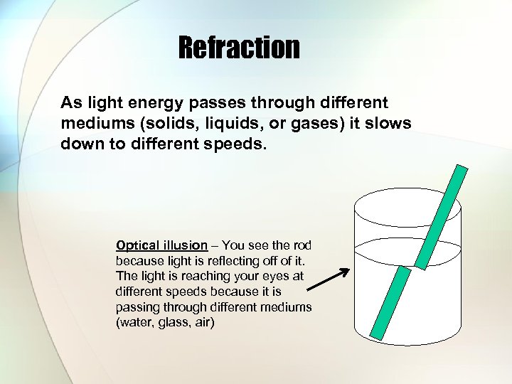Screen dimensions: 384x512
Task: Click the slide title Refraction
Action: click(239, 48)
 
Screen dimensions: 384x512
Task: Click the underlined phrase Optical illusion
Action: click(161, 245)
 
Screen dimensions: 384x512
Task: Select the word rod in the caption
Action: click(302, 245)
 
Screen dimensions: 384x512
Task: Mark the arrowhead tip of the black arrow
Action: click(348, 270)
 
